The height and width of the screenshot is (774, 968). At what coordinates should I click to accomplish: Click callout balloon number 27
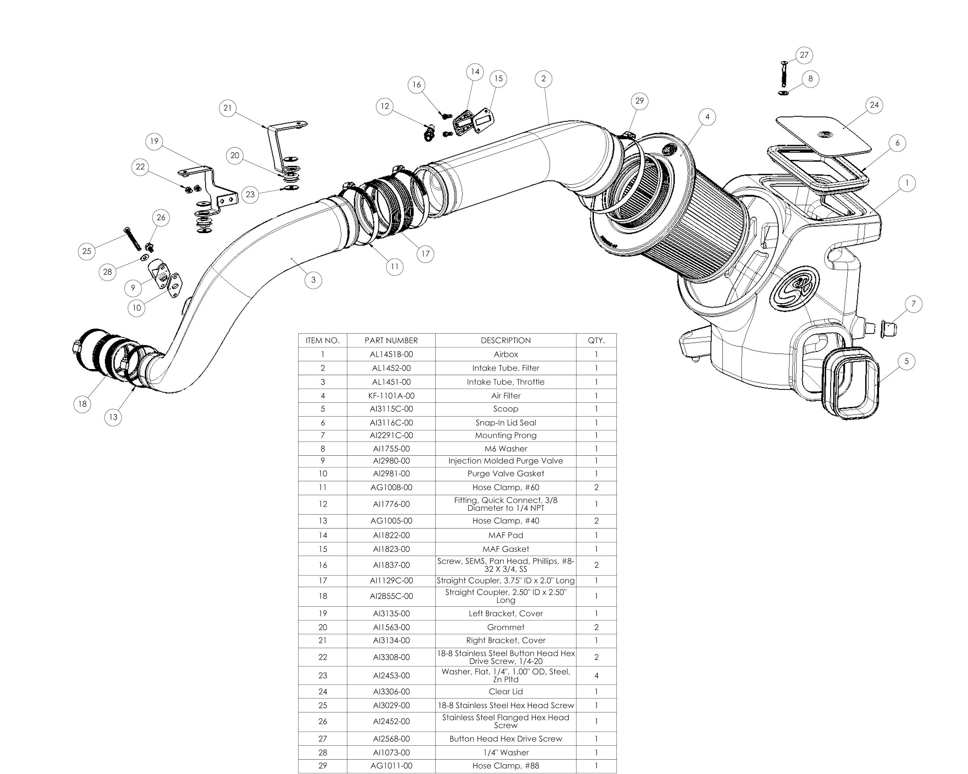point(804,55)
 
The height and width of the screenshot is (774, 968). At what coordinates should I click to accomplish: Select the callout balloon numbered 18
point(82,403)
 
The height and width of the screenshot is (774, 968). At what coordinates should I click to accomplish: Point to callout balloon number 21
point(228,108)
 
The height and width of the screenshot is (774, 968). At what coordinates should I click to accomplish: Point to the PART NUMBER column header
point(391,340)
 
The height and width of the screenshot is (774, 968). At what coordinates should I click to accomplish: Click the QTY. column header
point(596,340)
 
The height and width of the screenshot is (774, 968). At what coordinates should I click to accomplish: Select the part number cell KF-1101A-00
point(391,396)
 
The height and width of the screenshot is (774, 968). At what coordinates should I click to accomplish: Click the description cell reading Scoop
point(506,409)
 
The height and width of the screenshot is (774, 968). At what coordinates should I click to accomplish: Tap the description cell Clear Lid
point(506,692)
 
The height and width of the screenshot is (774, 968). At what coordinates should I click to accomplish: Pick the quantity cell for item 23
point(596,675)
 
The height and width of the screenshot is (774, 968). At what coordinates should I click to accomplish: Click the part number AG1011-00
point(391,765)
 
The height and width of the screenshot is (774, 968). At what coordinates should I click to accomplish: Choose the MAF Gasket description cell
point(506,549)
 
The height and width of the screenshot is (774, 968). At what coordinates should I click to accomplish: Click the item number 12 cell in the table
point(323,504)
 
